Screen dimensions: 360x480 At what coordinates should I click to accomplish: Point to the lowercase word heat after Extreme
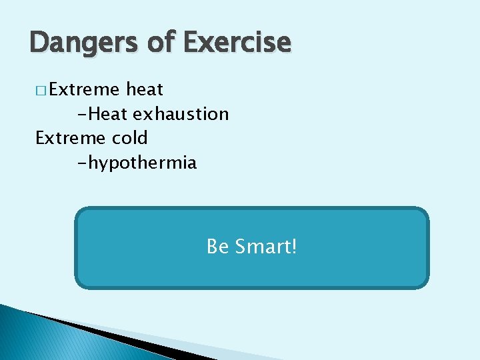tap(145, 89)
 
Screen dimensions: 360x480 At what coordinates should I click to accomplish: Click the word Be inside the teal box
tap(218, 247)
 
